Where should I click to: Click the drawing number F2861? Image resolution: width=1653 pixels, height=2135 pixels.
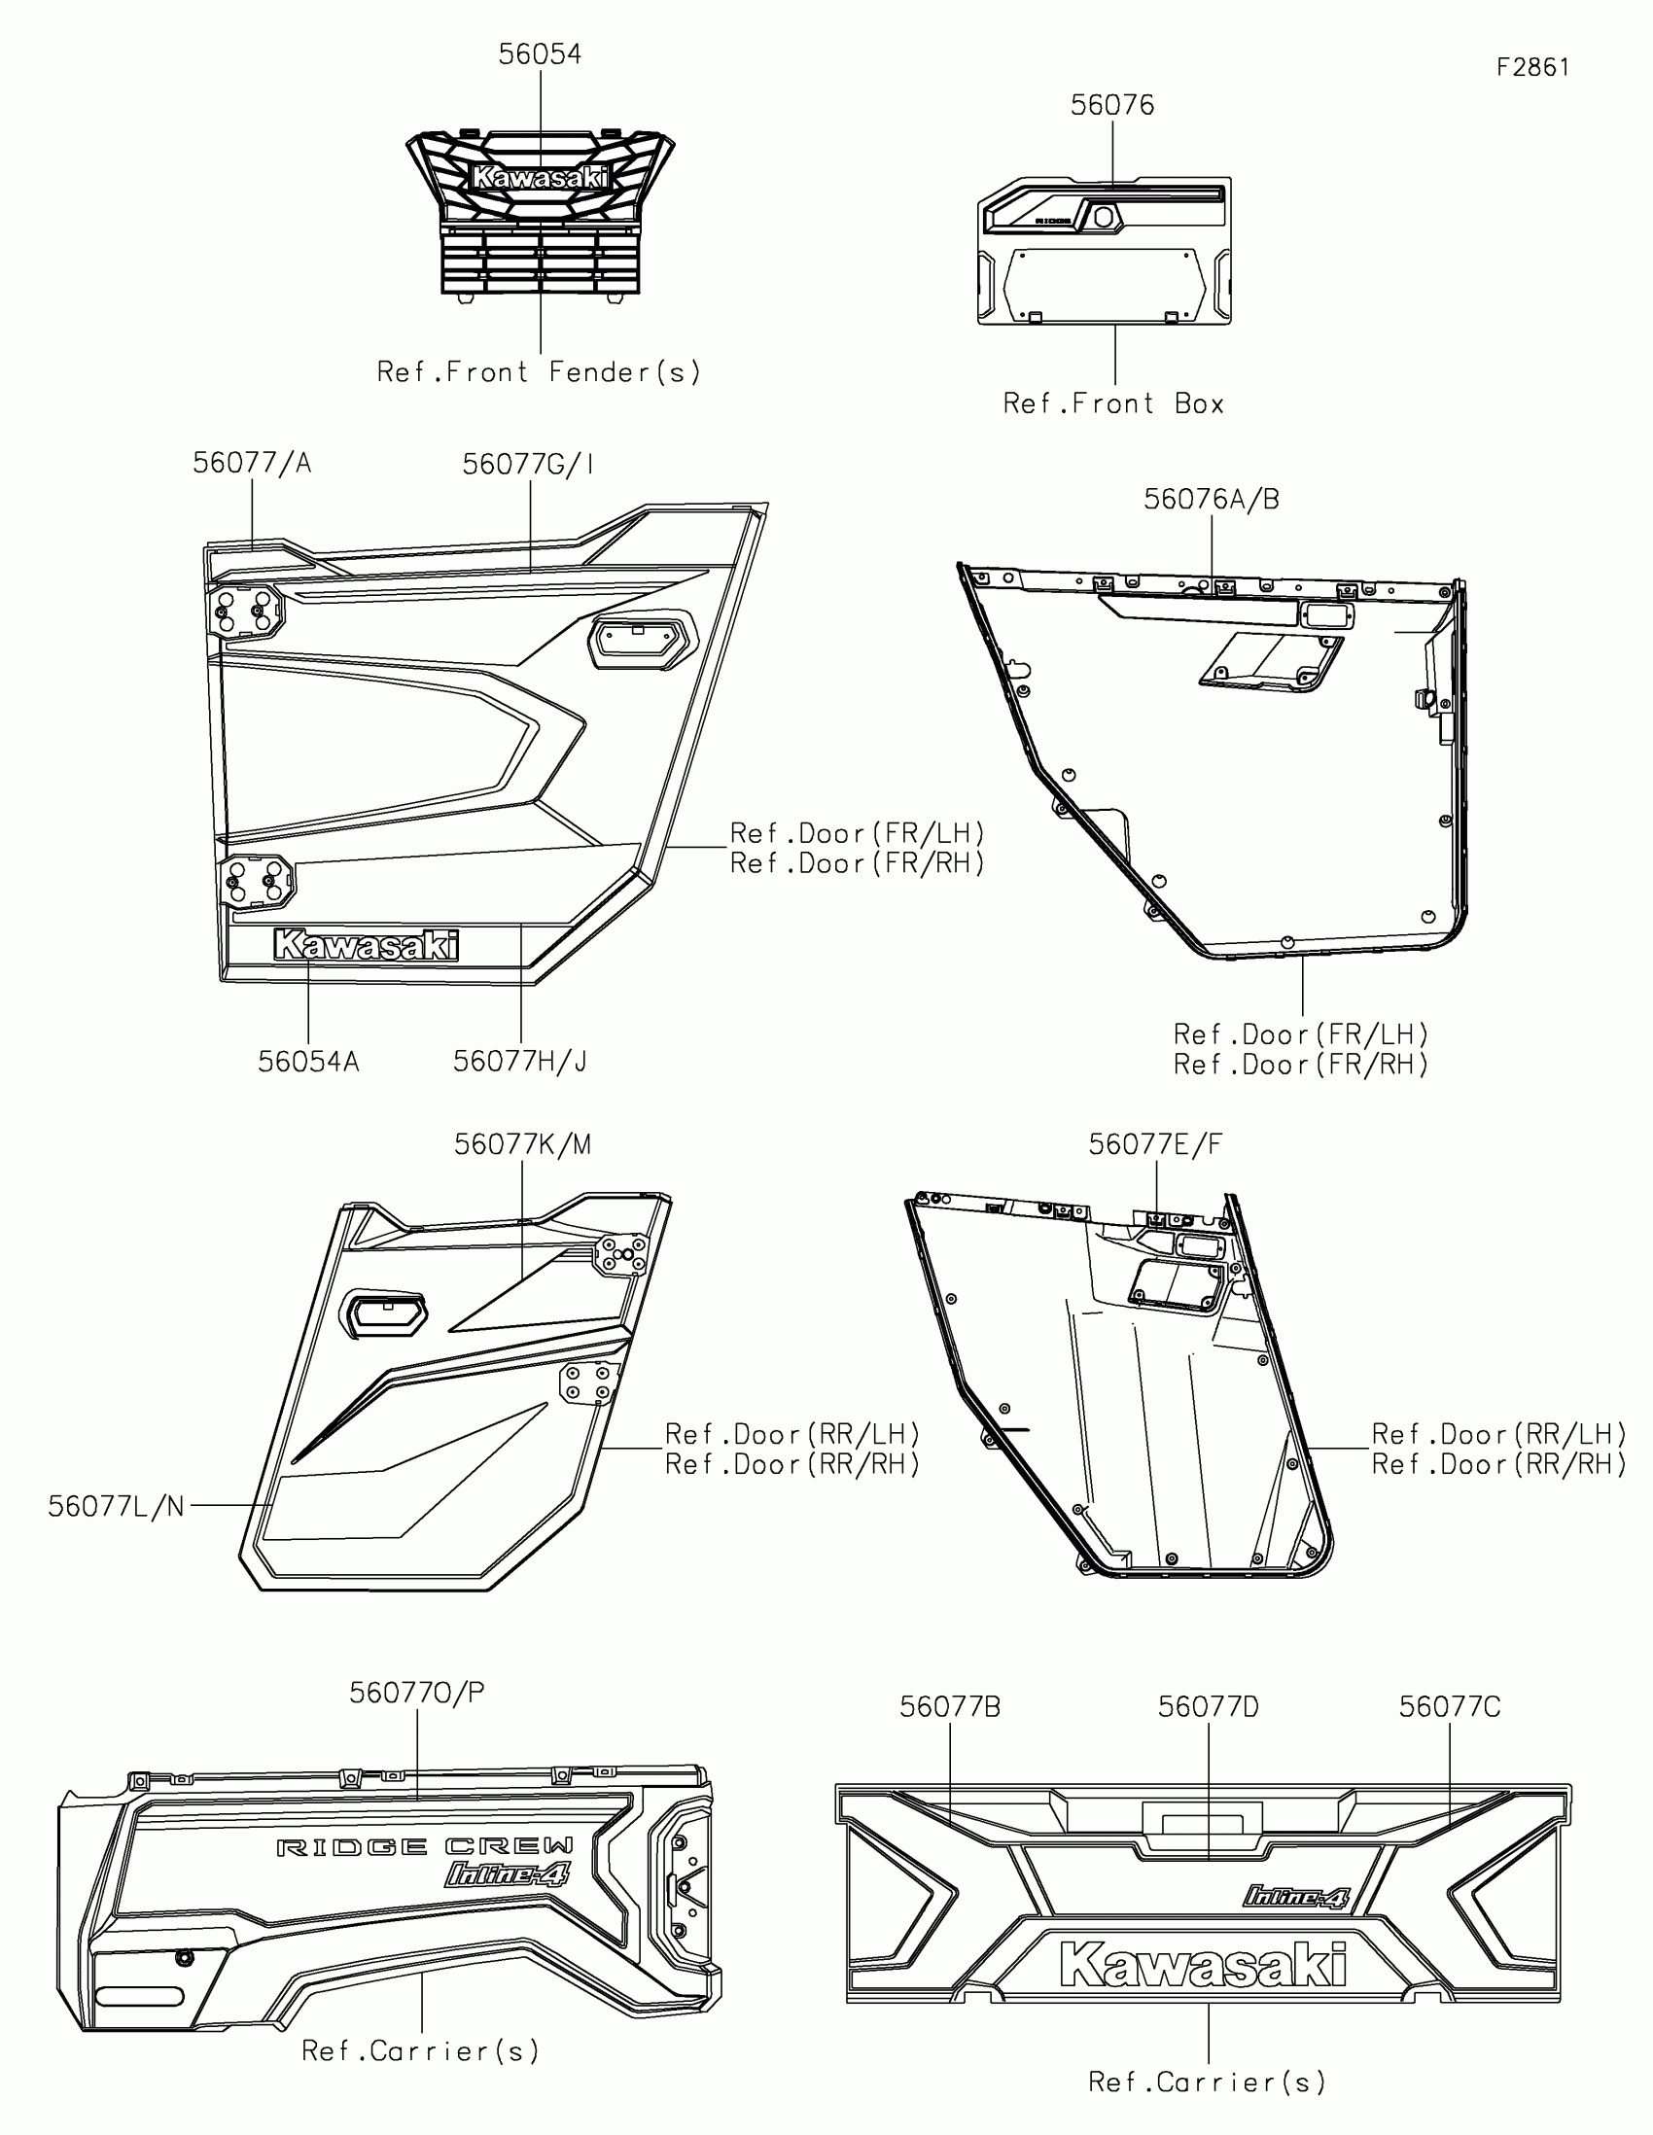point(1531,67)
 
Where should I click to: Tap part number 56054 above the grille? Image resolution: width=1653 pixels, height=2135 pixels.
point(540,54)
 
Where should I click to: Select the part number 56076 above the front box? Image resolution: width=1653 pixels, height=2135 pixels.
point(1111,106)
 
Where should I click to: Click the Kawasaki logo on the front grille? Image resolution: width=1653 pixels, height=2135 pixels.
point(541,177)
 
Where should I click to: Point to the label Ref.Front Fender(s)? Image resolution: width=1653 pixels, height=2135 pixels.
point(539,372)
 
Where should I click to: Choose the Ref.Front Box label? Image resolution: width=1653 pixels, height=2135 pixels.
point(1113,403)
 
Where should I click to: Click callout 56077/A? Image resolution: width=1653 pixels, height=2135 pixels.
point(252,464)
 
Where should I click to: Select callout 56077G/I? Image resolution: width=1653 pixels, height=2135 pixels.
point(528,465)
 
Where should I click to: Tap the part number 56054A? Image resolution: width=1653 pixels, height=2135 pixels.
point(308,1062)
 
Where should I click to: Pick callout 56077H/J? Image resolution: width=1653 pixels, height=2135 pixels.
point(520,1062)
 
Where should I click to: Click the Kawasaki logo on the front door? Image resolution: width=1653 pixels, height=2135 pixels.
point(367,945)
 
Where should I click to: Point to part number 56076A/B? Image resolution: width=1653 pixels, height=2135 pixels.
point(1212,500)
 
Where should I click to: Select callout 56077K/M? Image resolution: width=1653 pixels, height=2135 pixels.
point(522,1144)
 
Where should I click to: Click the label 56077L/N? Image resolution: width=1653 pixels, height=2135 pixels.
point(117,1506)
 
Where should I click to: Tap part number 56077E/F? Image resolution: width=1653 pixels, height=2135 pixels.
point(1155,1144)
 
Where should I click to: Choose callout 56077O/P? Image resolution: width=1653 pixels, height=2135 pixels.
point(417,1693)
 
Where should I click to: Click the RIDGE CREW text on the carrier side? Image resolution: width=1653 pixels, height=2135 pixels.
point(424,1846)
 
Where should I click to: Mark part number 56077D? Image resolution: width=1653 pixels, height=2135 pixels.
point(1209,1707)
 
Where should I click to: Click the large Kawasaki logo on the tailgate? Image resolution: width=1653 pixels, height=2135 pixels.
point(1204,1965)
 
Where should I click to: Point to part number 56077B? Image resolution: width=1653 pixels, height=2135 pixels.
point(950,1707)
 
